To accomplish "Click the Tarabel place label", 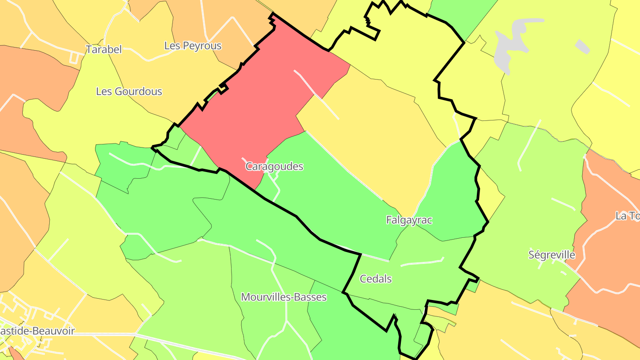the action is [x=104, y=49].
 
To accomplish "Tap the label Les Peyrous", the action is [x=193, y=46].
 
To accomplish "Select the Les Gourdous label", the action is [x=129, y=92].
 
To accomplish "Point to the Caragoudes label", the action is [x=274, y=167].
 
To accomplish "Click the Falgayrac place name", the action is [x=409, y=220].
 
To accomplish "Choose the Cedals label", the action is [x=376, y=279].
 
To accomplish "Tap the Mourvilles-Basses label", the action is [x=284, y=297].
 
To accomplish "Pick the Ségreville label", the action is [x=552, y=255].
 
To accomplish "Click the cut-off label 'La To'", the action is [x=627, y=216].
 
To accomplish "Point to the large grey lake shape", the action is [x=511, y=44].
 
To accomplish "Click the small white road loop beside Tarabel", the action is [x=75, y=56].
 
